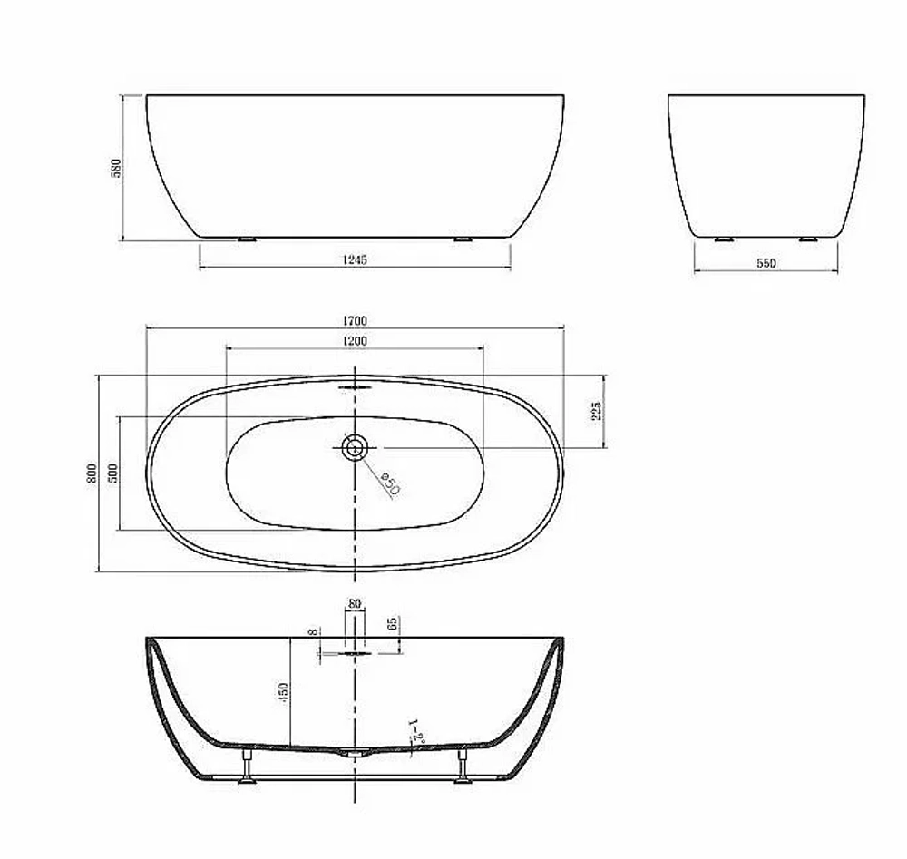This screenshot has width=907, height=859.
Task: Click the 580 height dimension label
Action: [116, 168]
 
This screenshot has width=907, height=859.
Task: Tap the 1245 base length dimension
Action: [355, 259]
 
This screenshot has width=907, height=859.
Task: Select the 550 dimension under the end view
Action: [766, 263]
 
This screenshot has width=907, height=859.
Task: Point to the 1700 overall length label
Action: [355, 320]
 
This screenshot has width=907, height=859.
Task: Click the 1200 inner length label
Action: [355, 341]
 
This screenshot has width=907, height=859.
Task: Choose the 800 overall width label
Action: [93, 473]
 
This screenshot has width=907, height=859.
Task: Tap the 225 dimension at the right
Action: [597, 411]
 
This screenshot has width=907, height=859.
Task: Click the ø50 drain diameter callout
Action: [390, 483]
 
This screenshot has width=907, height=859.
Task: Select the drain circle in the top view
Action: [355, 447]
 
